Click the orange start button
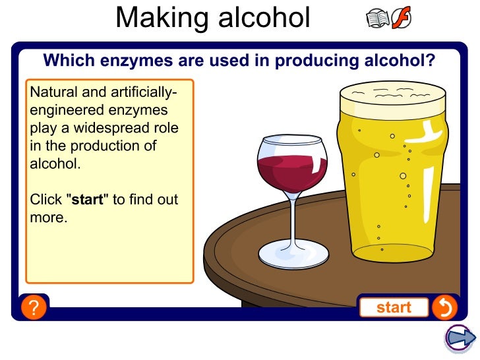coord(394,307)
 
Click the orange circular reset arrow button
coord(444,307)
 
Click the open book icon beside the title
coord(378,19)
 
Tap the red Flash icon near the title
coord(401,19)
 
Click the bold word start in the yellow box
coord(88,199)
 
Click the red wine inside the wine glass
coord(291,170)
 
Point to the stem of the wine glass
coord(293,218)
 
